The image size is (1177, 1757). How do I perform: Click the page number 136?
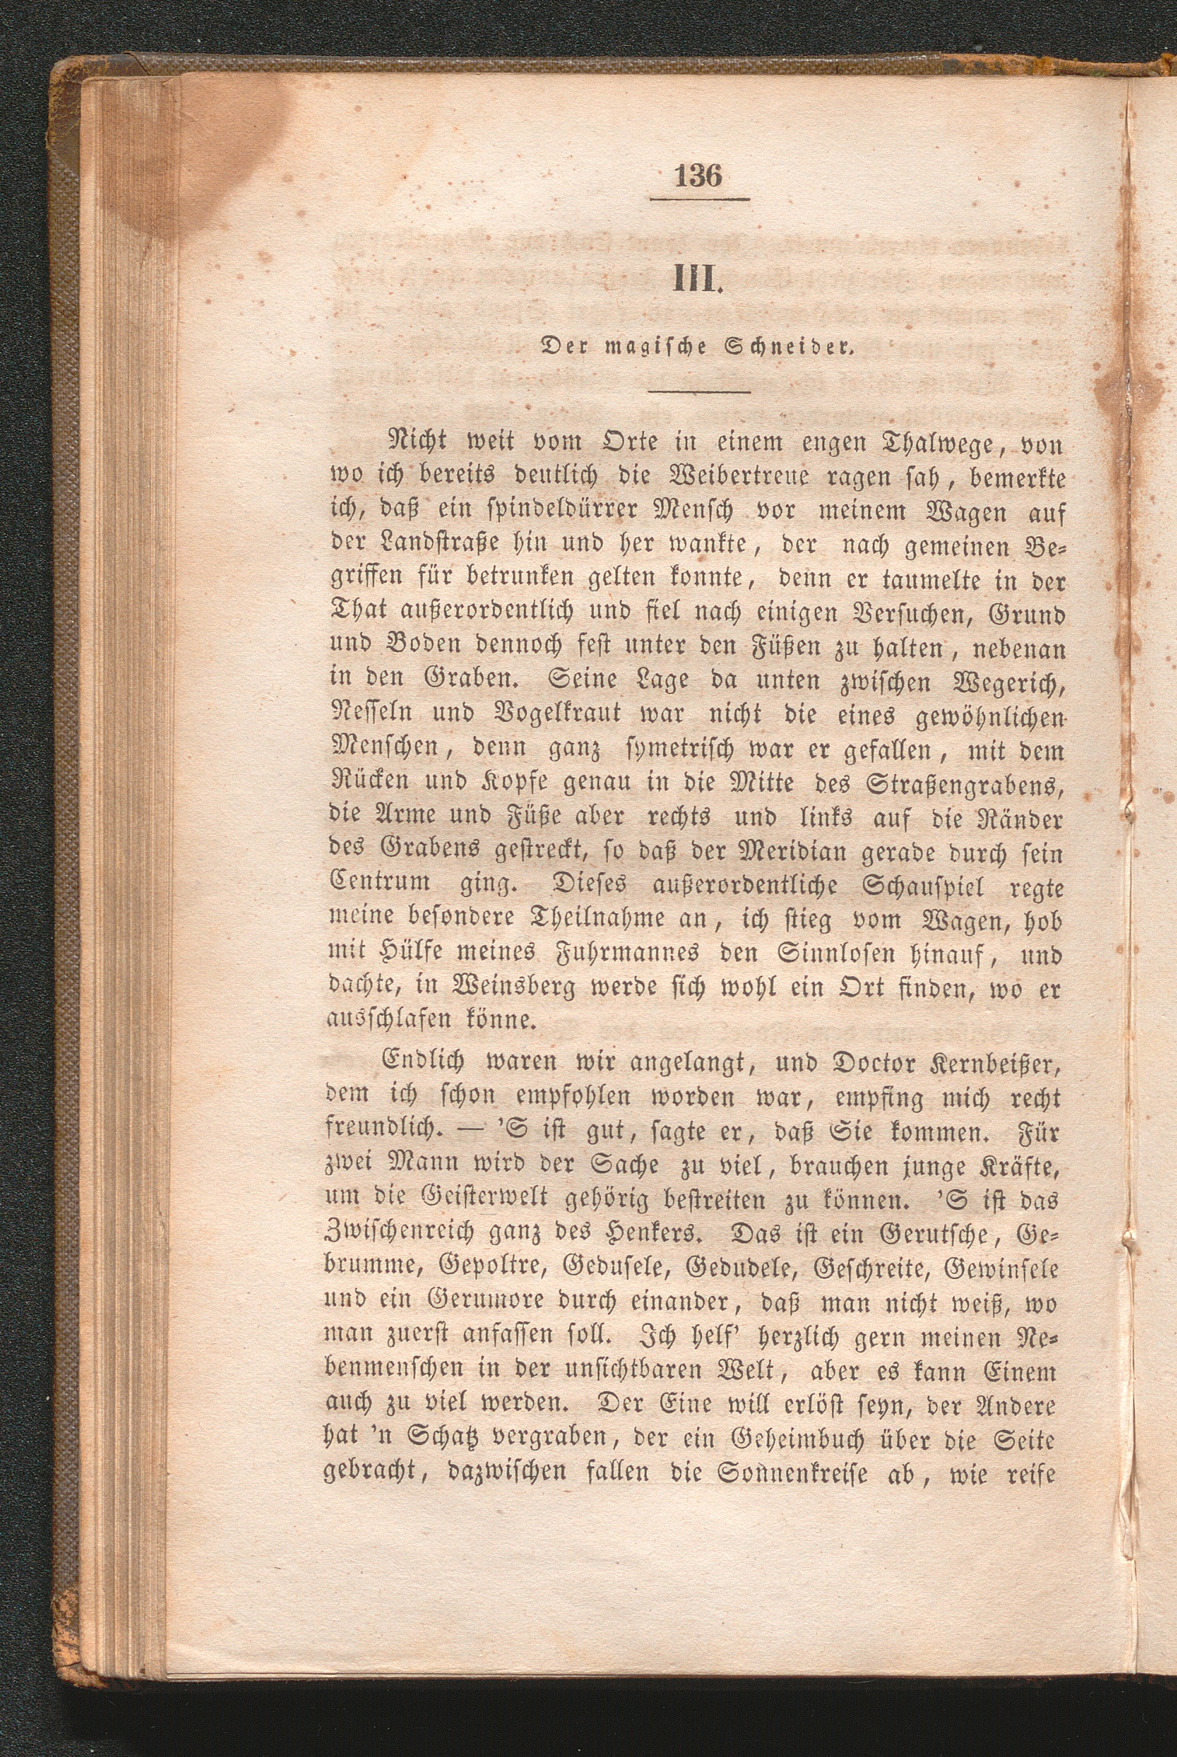[699, 176]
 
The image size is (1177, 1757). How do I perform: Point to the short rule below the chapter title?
[700, 392]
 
